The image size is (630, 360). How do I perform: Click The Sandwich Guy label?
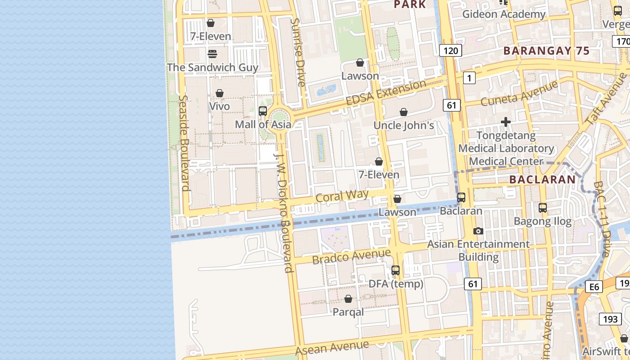(212, 67)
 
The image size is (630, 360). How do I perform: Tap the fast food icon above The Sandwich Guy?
(212, 54)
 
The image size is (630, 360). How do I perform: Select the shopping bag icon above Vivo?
(220, 93)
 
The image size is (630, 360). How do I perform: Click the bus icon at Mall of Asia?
(263, 111)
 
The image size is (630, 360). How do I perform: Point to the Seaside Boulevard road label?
(183, 143)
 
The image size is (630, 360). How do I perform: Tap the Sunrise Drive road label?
(298, 52)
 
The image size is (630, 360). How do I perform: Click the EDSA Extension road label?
(386, 93)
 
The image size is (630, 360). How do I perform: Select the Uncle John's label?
(404, 125)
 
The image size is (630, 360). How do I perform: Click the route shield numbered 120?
(450, 50)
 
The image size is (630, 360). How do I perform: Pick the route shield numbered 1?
(469, 78)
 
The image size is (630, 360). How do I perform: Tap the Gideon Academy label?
(504, 14)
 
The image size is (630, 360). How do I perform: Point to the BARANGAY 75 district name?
(546, 51)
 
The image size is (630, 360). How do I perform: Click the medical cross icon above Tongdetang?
(506, 122)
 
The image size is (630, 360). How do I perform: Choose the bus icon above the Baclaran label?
(461, 198)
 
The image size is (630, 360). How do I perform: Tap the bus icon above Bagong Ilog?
(543, 208)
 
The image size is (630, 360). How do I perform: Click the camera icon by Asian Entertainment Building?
(478, 231)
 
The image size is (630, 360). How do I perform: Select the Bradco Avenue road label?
(351, 257)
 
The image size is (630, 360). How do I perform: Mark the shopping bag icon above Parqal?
(348, 299)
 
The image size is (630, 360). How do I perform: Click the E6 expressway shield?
(594, 287)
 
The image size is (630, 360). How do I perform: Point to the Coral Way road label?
(342, 196)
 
